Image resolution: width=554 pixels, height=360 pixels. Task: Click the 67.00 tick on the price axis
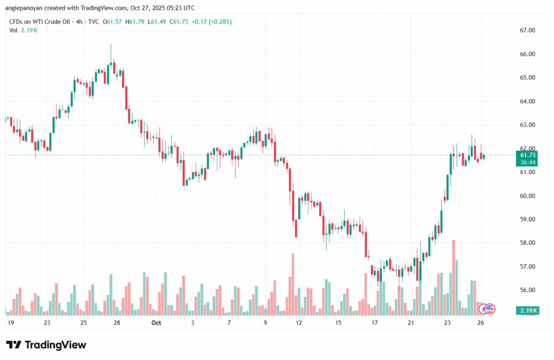point(527,30)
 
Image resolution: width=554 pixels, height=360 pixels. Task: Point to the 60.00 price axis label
point(527,195)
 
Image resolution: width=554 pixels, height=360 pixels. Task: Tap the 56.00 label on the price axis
point(527,290)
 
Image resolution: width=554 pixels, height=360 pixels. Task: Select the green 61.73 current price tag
point(528,155)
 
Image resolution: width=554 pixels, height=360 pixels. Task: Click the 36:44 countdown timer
point(528,162)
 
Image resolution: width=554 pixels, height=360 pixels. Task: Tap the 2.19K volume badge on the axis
point(527,310)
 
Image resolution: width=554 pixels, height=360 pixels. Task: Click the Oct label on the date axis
point(156,323)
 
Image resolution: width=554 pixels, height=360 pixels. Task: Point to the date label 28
point(116,323)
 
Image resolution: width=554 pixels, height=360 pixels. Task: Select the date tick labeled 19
point(10,323)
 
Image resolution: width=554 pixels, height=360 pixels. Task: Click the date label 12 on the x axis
point(299,323)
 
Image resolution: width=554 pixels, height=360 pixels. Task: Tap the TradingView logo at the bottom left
point(46,345)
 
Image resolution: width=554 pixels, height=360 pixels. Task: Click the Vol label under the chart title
point(14,30)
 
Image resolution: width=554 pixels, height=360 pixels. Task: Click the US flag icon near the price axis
point(489,309)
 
